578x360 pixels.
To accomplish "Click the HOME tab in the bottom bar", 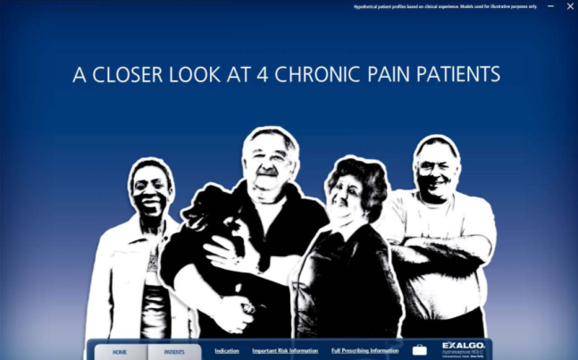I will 120,352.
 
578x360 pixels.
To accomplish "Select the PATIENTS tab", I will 174,352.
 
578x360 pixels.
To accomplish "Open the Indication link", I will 227,351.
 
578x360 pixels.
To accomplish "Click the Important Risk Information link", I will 285,351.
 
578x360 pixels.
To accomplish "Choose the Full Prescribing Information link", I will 364,351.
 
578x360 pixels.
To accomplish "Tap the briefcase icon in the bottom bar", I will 419,350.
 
